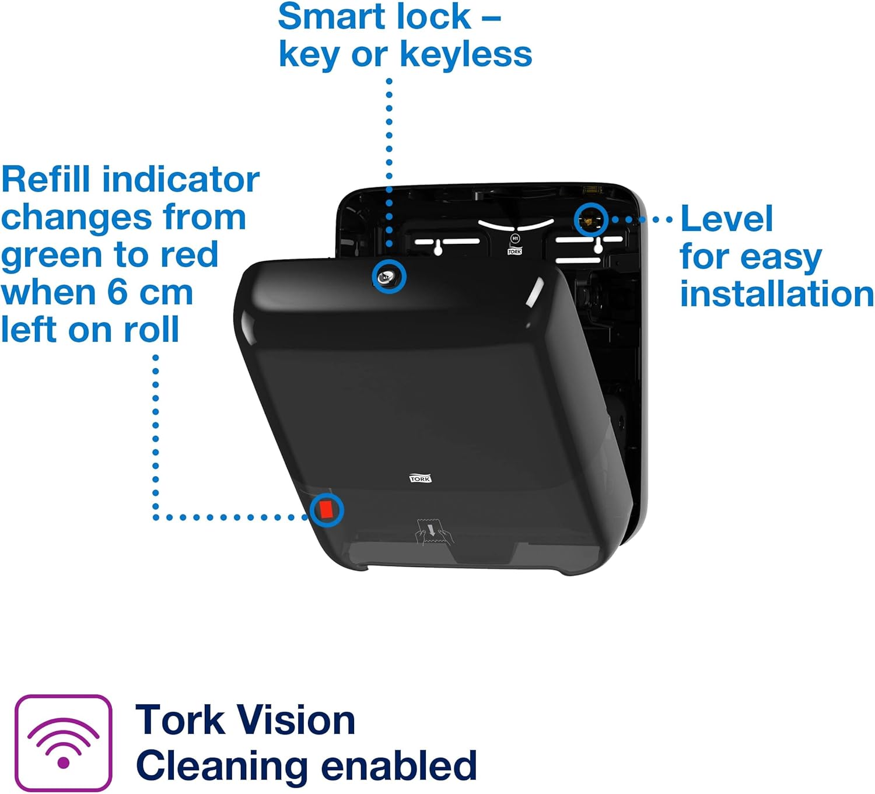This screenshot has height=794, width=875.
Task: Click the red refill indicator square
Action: (326, 510)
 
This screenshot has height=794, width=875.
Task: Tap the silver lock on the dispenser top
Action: (389, 277)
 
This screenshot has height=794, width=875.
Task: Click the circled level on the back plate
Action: (591, 220)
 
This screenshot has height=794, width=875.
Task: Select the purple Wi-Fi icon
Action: (63, 743)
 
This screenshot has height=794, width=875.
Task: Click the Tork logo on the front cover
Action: (420, 478)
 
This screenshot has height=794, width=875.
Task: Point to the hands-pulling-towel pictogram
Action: (432, 532)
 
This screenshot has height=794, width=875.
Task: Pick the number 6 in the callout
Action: (117, 292)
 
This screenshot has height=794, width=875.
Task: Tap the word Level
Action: (726, 219)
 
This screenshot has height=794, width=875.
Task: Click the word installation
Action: (776, 293)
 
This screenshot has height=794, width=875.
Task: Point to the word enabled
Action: (399, 765)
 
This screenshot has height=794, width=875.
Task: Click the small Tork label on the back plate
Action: (514, 251)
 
